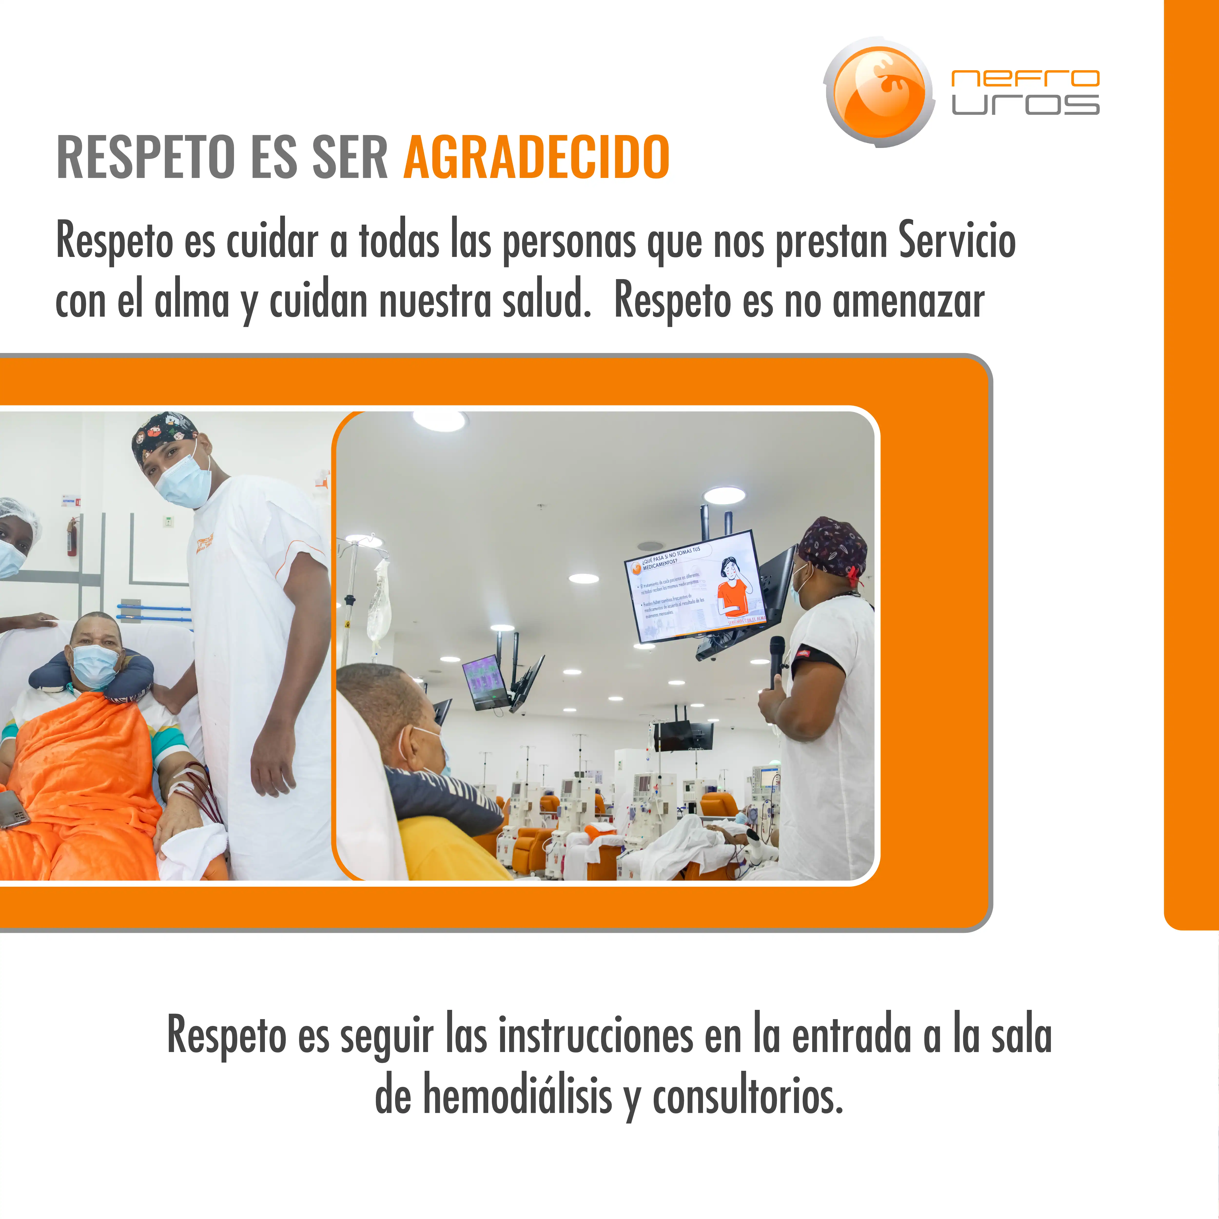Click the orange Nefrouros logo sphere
pos(879,92)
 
